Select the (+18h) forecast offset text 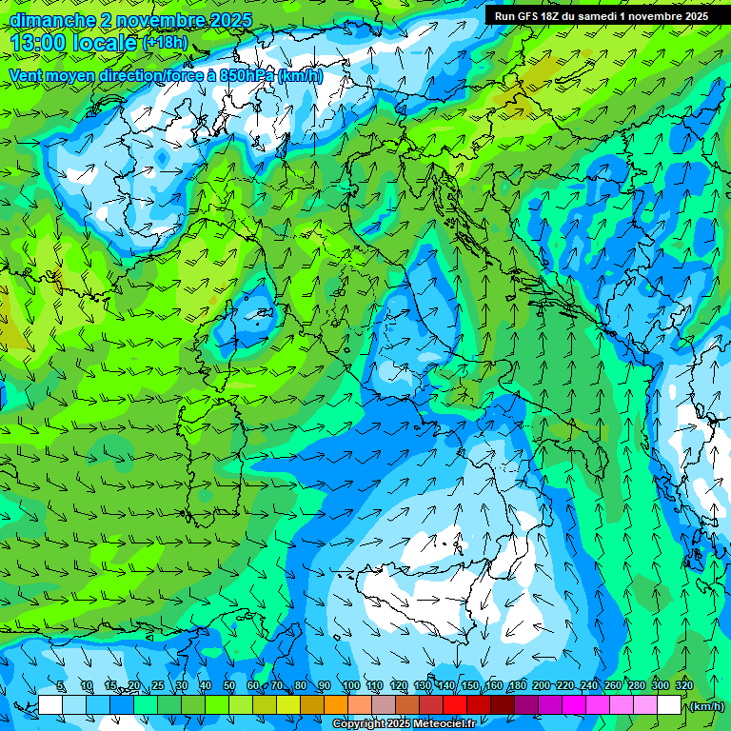click(x=165, y=43)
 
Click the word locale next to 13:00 click(x=106, y=43)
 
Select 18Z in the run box click(x=550, y=16)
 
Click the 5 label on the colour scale click(x=62, y=686)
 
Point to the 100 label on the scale click(x=350, y=686)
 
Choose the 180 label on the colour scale click(x=517, y=686)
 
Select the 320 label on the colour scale click(x=683, y=686)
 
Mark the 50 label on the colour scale click(x=229, y=686)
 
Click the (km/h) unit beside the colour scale click(x=706, y=706)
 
